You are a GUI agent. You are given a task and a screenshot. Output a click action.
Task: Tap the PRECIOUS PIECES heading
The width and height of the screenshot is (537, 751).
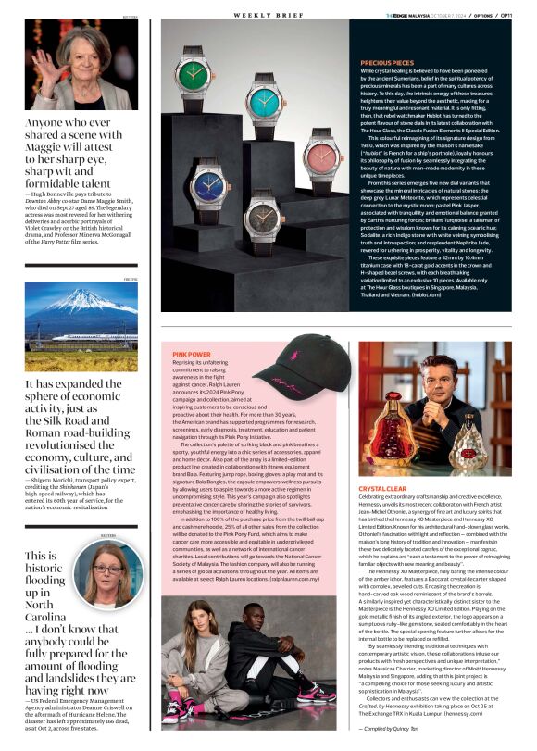coord(388,63)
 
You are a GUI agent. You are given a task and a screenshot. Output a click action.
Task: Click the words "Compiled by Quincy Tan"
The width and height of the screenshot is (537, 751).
coord(482,731)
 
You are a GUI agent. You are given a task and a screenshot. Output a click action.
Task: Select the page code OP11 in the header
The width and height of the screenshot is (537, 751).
coord(506,16)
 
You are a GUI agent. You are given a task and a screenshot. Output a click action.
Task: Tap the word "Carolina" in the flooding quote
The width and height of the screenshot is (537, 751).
coord(44,615)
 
